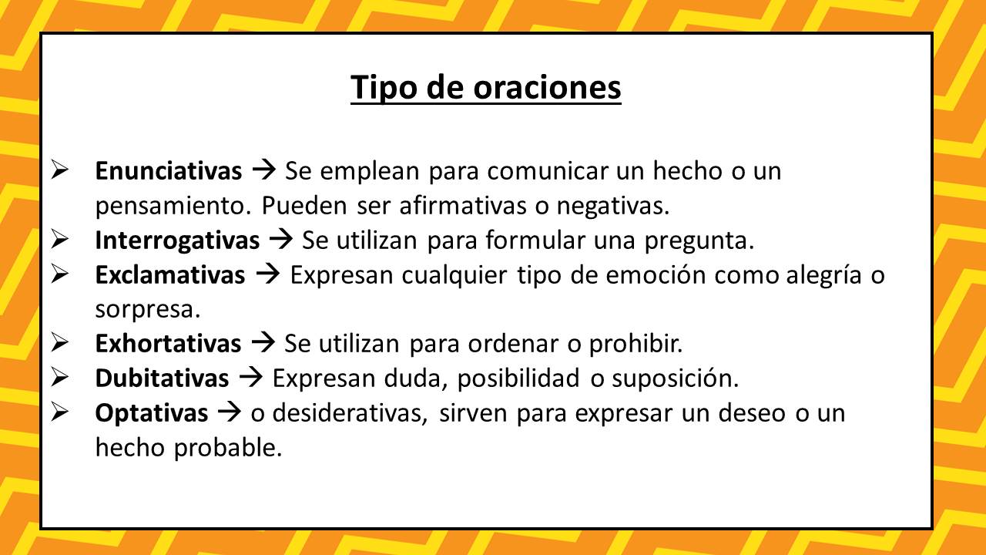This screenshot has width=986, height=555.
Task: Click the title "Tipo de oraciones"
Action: click(485, 88)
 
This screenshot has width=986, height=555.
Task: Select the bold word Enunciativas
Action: click(169, 171)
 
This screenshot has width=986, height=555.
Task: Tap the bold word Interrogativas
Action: click(177, 241)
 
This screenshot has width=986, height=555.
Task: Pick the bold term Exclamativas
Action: click(170, 275)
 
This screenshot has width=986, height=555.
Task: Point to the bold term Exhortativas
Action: click(168, 344)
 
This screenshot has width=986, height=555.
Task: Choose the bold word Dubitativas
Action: click(162, 378)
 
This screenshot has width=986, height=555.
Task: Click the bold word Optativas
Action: click(152, 413)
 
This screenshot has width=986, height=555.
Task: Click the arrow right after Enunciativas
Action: click(263, 170)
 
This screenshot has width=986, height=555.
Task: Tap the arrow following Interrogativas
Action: click(281, 240)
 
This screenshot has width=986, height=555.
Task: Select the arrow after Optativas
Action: click(230, 412)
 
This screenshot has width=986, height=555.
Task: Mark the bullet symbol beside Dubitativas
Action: click(59, 378)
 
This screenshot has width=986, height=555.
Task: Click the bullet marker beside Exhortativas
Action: click(59, 343)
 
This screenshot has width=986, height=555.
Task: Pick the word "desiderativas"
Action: click(350, 413)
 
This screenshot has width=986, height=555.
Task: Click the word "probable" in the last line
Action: click(228, 448)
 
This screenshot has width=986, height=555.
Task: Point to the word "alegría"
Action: click(823, 276)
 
